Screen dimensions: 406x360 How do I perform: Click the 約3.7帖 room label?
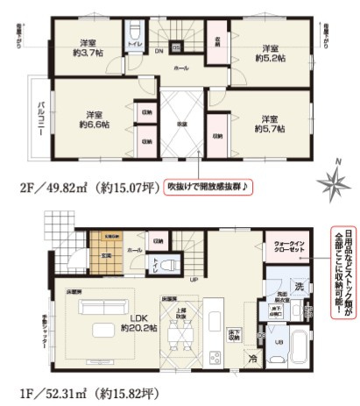coord(87,49)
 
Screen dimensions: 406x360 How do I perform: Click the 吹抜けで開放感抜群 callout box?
coord(207,186)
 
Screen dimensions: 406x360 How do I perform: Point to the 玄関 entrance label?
coord(104,255)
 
